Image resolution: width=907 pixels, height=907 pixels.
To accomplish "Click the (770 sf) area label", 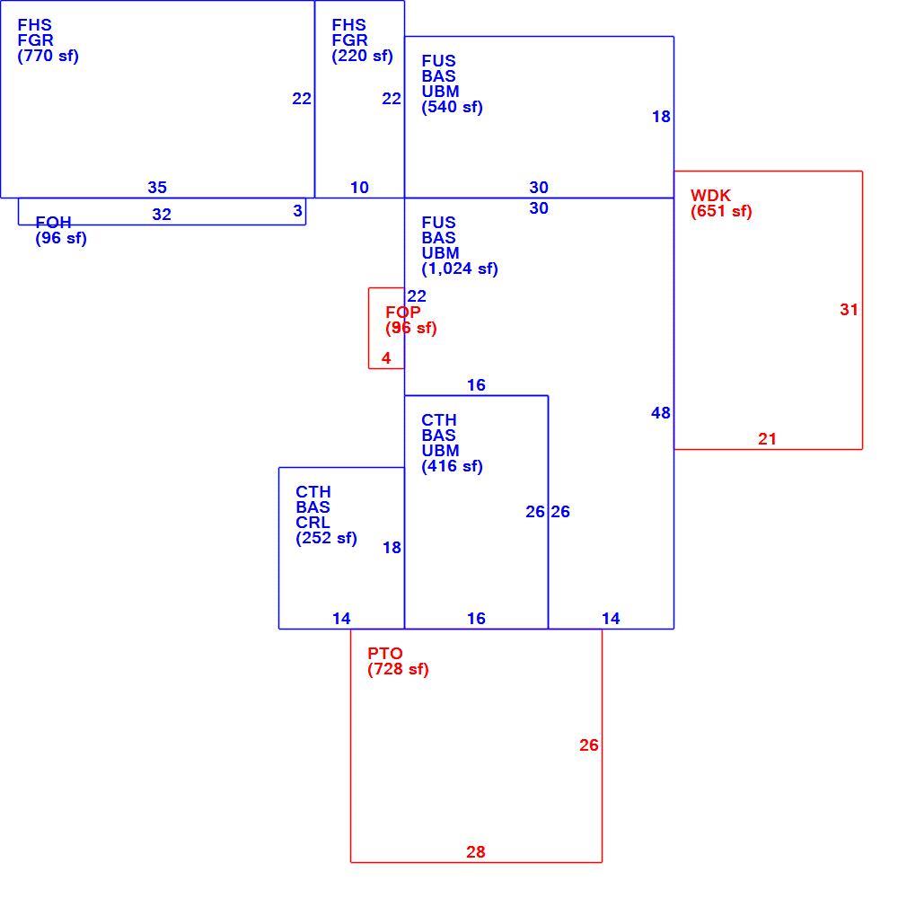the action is pos(48,56).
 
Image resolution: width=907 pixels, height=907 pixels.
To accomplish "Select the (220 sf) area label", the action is pos(362,56).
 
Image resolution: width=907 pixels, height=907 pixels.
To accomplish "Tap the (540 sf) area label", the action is pos(452,107).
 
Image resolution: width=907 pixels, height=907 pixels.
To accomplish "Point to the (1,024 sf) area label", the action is pos(459,269).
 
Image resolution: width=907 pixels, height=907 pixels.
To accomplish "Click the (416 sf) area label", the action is pos(452,467).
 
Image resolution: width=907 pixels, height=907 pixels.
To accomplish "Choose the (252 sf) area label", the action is pos(326,539).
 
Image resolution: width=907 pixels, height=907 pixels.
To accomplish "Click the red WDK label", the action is pos(710,196).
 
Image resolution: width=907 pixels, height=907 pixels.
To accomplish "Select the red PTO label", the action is pos(385,654).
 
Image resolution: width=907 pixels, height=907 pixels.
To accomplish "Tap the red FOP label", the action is pos(403,313).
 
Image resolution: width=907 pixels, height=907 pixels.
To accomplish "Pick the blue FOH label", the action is pos(53,223).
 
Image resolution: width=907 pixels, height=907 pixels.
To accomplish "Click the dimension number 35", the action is pos(157,188).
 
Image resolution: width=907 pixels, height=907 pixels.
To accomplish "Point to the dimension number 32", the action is pos(162,215).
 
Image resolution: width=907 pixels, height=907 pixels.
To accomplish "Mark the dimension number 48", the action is pos(661,413).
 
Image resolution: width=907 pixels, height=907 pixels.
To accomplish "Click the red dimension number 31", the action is pos(850,310).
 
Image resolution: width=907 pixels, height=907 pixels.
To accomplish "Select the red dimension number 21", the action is pos(767,440).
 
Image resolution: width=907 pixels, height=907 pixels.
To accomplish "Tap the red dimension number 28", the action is pos(475,852).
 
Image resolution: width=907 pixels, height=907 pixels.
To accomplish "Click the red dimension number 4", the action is pos(386,358).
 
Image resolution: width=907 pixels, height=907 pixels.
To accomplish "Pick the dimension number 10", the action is pos(359,188).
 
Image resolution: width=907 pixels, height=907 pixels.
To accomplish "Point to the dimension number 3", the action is pos(297,211).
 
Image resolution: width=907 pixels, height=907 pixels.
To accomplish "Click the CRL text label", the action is pos(313,523).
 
